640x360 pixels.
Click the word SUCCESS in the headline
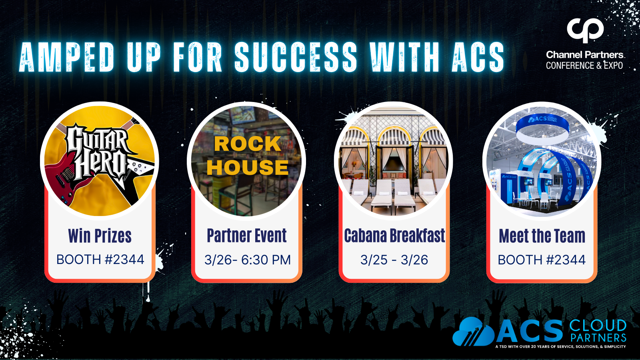(x=296, y=57)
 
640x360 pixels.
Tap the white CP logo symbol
(x=585, y=30)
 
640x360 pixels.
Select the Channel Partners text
(x=585, y=54)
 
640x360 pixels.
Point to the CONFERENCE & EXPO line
(x=584, y=66)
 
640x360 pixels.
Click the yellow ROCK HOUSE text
(x=248, y=156)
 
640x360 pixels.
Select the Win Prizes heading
(x=100, y=236)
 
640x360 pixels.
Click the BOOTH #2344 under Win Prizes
(x=100, y=260)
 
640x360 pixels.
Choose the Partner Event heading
(x=246, y=236)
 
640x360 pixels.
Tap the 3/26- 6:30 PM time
(x=248, y=260)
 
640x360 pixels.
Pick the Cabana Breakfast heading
(x=394, y=236)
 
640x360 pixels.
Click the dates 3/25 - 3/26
(x=394, y=260)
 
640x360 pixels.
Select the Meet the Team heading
(x=542, y=236)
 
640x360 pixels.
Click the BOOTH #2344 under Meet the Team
(x=542, y=260)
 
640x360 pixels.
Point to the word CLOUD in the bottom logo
(x=598, y=326)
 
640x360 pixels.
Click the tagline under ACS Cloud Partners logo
(x=560, y=346)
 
